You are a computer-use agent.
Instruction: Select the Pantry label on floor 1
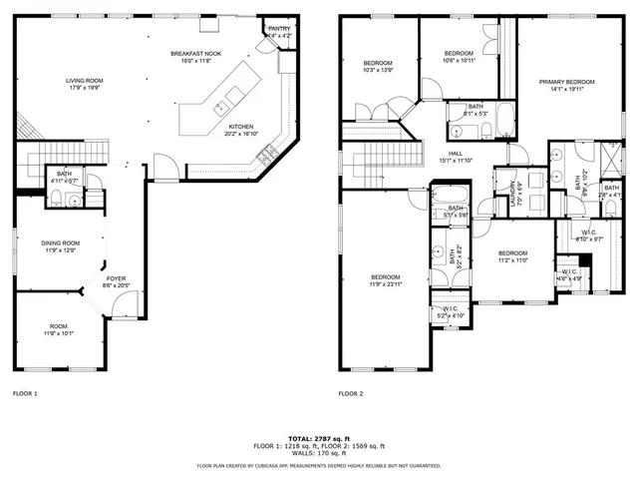point(279,29)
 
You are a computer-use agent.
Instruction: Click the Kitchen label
point(241,127)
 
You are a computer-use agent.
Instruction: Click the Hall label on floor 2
point(454,154)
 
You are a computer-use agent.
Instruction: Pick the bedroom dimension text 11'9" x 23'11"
point(385,284)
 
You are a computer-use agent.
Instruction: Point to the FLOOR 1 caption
point(24,394)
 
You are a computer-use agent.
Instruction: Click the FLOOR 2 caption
point(350,394)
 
